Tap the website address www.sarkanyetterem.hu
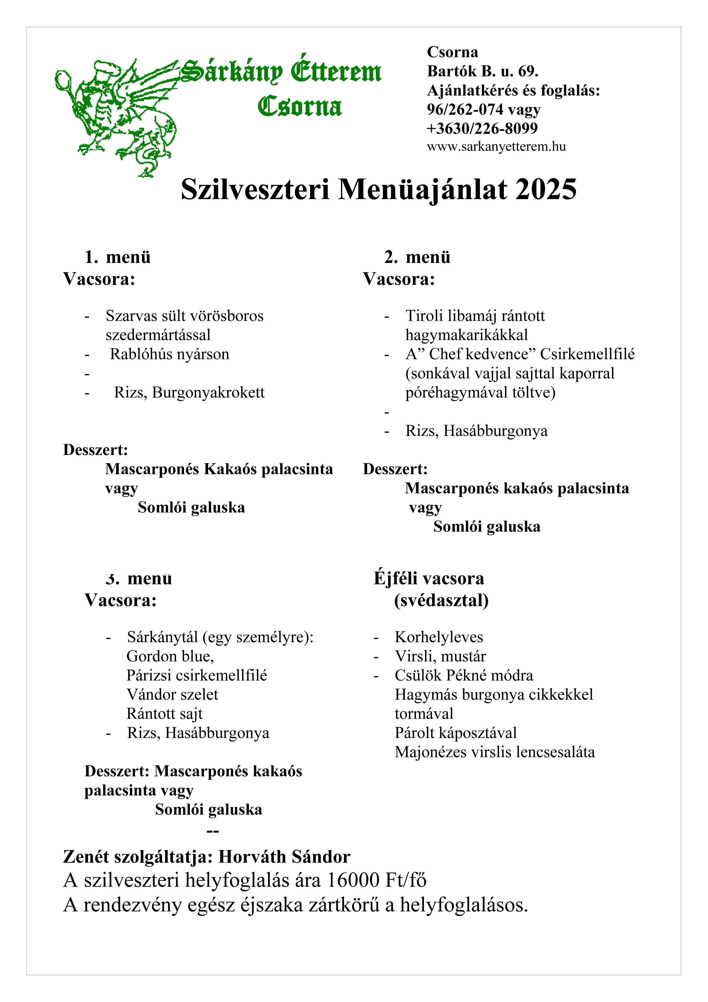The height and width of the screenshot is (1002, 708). coord(496,147)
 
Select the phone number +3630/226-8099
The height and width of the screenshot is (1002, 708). coord(482,128)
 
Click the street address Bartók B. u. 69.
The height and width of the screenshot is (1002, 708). coord(482,71)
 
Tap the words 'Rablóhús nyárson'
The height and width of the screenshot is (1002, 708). coord(169,354)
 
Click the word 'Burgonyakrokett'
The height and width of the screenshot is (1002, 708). coord(208,392)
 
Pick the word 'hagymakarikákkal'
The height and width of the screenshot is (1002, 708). coord(466,335)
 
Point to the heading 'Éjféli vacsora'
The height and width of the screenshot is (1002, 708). coord(429,578)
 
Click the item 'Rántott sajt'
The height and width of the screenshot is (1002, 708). coord(164,714)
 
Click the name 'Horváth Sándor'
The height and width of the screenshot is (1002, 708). coord(284,857)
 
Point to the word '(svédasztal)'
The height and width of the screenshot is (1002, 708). coord(441,600)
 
